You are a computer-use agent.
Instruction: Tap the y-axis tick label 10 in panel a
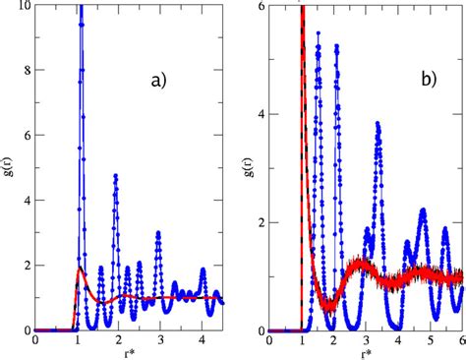click(x=23, y=7)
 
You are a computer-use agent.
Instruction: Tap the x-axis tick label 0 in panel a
click(x=35, y=340)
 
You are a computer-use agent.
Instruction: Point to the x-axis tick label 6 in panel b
click(x=461, y=340)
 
